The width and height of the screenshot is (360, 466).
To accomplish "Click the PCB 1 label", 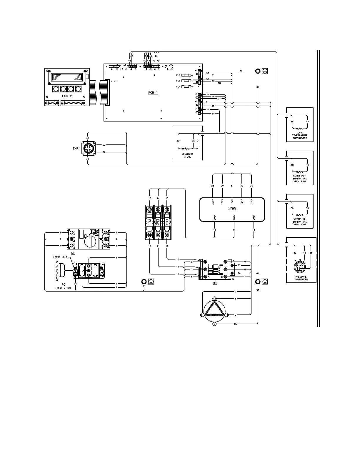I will (x=153, y=92).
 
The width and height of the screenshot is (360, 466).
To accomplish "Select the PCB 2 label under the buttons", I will (x=67, y=96).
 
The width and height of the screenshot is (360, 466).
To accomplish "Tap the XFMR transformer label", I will (x=232, y=209).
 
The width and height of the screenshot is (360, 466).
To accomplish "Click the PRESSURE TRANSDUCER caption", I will (x=301, y=278).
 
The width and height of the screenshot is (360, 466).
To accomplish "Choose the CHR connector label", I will (x=76, y=149).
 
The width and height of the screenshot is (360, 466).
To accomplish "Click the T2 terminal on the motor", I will (x=214, y=298).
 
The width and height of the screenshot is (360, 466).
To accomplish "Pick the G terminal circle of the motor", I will (x=214, y=324).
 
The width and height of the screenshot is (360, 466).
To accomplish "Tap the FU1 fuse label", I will (x=149, y=222).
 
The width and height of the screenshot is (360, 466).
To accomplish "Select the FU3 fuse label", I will (x=167, y=222).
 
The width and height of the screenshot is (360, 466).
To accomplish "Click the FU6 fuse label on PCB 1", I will (x=178, y=75).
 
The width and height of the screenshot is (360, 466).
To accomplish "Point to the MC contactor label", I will (x=214, y=283).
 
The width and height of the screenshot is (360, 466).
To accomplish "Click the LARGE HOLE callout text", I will (x=60, y=257).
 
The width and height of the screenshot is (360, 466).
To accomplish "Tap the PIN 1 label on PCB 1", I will (x=114, y=81).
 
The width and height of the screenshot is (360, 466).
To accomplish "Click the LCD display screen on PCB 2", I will (x=67, y=77).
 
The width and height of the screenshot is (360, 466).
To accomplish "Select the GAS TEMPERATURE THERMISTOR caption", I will (x=299, y=135).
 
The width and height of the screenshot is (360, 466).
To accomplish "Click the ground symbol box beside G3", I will (x=264, y=71).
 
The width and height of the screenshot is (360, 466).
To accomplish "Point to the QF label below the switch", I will (x=73, y=252).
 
